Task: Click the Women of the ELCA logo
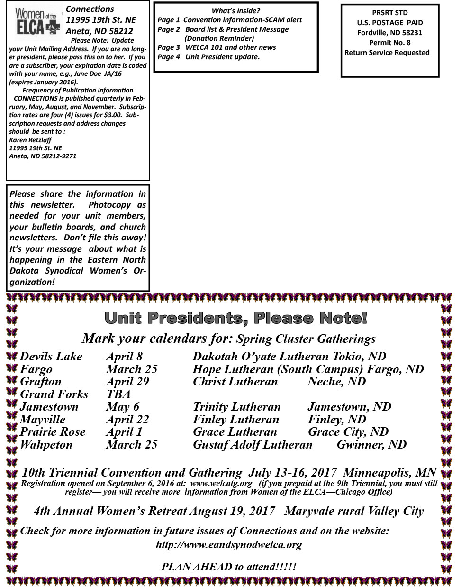36,22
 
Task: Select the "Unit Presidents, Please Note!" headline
235,318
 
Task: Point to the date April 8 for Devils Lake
124,357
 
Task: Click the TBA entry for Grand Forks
118,394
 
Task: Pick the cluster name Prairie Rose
53,432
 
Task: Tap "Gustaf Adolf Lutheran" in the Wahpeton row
253,445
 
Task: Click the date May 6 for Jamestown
123,407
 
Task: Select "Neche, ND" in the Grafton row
336,382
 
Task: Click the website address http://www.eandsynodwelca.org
229,545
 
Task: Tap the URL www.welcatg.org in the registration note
221,484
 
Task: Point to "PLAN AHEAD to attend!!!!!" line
229,567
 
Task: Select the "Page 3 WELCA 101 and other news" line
217,47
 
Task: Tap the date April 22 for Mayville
127,420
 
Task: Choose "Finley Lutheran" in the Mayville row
236,420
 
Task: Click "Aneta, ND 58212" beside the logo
99,32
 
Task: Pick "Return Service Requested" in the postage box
387,53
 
